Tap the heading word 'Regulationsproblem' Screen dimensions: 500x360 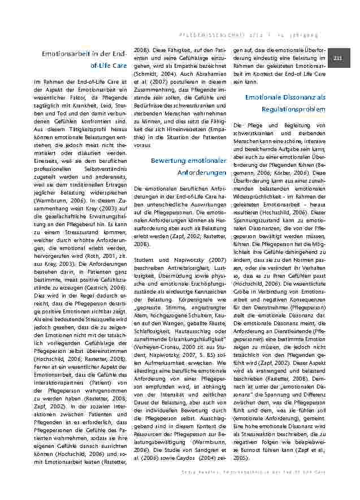pos(293,109)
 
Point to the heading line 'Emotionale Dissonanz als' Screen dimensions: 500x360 pos(285,97)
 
